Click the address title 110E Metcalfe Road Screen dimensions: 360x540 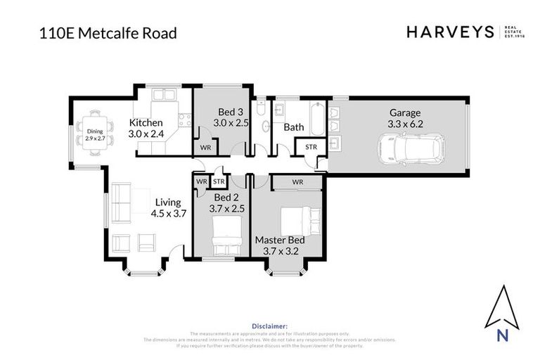(108, 33)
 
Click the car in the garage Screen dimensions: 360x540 (411, 148)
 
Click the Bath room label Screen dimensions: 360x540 (293, 127)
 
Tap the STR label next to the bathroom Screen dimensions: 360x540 (311, 147)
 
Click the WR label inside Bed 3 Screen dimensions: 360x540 (205, 148)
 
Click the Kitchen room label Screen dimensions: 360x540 (146, 122)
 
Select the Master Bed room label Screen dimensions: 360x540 (280, 240)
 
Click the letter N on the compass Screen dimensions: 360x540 (503, 335)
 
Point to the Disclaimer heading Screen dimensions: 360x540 (269, 326)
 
